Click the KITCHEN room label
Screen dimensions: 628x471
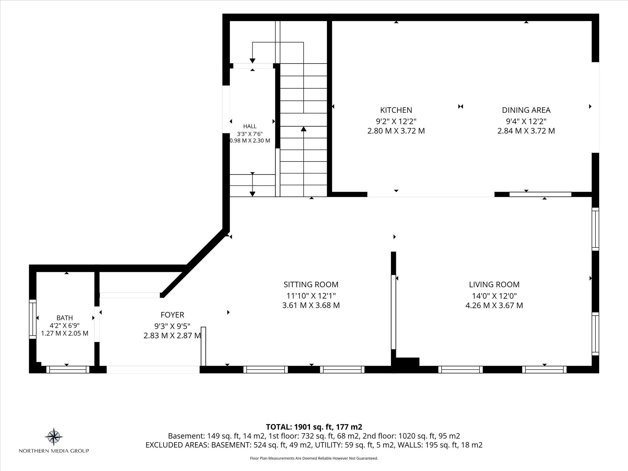[x=396, y=110]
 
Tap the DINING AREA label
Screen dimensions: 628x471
[x=526, y=110]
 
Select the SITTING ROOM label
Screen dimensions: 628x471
[x=311, y=285]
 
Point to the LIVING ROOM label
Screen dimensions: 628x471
[x=494, y=285]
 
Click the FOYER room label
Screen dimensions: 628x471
[x=172, y=315]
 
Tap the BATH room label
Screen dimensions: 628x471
[x=65, y=318]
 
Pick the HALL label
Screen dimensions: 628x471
[x=250, y=126]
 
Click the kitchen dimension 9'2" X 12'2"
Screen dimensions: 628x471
[x=396, y=121]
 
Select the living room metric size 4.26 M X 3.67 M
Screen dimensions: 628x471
[x=494, y=305]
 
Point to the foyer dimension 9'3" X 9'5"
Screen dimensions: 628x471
[x=172, y=325]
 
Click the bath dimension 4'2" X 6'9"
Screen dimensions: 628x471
[x=65, y=326]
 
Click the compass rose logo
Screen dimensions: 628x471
[x=54, y=437]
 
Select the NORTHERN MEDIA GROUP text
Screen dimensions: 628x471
[x=54, y=451]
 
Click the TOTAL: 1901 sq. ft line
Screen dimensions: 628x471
[x=314, y=427]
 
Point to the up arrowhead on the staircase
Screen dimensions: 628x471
[x=304, y=129]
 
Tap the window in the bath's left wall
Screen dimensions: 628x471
[x=33, y=319]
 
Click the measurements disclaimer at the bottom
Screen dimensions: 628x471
[x=314, y=458]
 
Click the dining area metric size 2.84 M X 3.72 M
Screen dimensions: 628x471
[x=526, y=131]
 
